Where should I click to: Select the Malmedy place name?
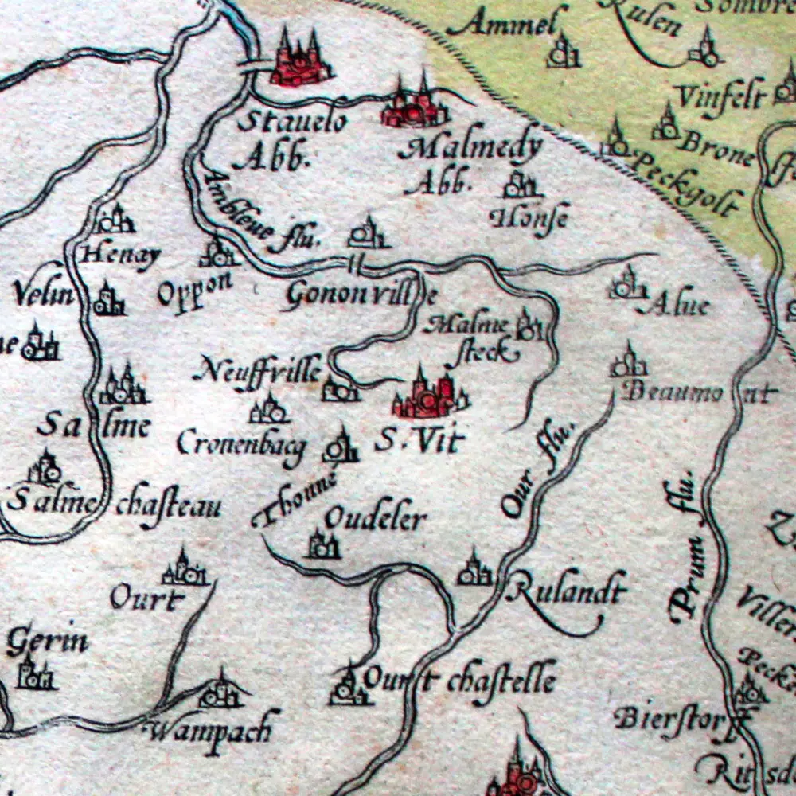[x=473, y=148]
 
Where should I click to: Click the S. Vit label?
[x=418, y=440]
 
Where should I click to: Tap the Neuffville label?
[x=257, y=370]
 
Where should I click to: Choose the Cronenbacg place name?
[x=241, y=444]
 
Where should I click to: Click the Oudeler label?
[x=376, y=519]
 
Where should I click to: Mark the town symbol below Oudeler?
[x=324, y=546]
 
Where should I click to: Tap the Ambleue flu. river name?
[x=259, y=215]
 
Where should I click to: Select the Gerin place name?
[x=47, y=642]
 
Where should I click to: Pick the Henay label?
[x=122, y=256]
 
